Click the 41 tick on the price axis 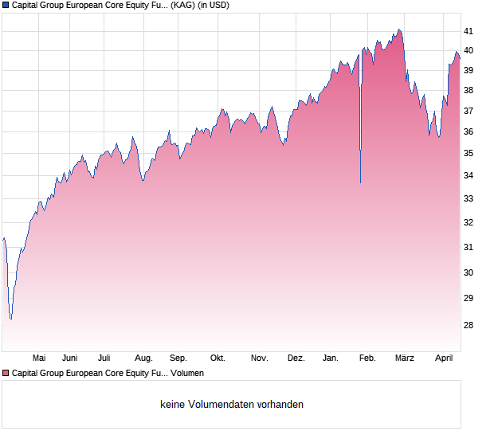[469, 31]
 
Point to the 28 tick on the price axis [469, 325]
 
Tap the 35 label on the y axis [469, 153]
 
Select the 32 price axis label [469, 222]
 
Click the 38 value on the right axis [469, 90]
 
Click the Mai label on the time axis [39, 358]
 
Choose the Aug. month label [143, 358]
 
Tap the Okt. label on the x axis [218, 358]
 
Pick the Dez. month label [296, 358]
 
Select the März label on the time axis [405, 358]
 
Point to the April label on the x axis [444, 358]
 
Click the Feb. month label [367, 358]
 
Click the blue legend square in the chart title [6, 5]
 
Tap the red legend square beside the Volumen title [6, 373]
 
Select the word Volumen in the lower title [187, 373]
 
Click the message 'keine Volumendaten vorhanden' [232, 405]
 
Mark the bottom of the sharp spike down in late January [360, 182]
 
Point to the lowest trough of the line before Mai [10, 319]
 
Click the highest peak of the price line [399, 29]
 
